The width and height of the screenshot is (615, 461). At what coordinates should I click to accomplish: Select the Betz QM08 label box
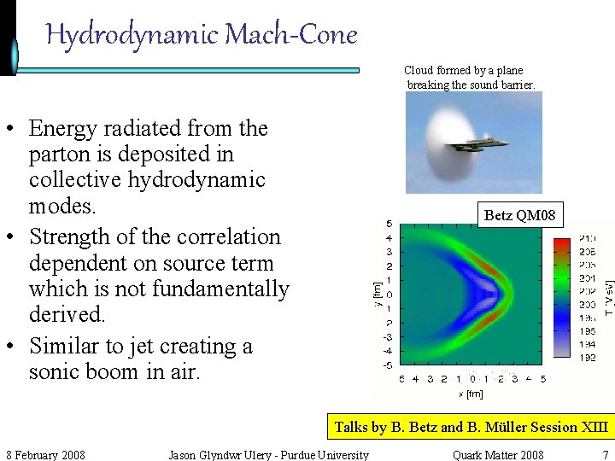pyautogui.click(x=519, y=215)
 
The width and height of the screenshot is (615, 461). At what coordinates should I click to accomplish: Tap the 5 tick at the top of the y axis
pyautogui.click(x=389, y=224)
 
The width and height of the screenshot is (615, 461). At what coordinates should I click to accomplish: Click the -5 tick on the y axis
pyautogui.click(x=388, y=365)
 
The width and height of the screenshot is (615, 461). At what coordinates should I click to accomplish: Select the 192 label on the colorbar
pyautogui.click(x=588, y=358)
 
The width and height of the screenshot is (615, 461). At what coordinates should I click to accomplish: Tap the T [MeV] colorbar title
pyautogui.click(x=608, y=295)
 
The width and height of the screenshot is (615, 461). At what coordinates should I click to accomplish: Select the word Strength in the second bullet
pyautogui.click(x=70, y=236)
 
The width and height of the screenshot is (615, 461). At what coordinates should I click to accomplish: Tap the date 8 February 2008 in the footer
pyautogui.click(x=45, y=454)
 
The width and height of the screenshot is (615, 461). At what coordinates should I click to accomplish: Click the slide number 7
pyautogui.click(x=605, y=454)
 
